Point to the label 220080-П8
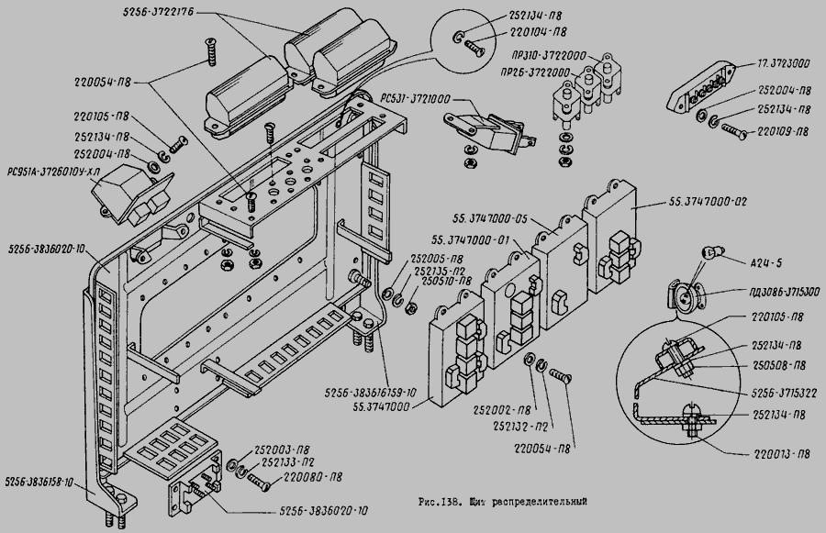click(x=315, y=477)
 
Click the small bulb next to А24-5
click(x=711, y=250)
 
